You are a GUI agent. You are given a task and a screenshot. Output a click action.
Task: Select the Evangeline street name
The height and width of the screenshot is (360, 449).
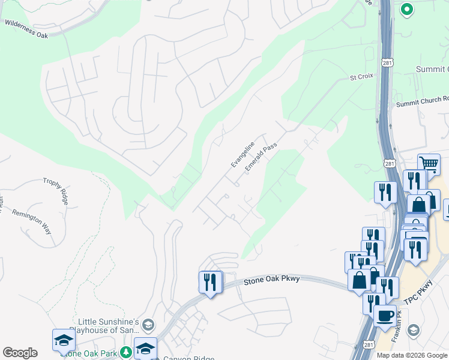244,155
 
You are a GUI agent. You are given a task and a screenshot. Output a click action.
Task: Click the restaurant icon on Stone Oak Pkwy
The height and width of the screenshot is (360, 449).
210,282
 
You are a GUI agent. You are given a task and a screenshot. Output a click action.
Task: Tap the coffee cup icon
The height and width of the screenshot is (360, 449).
385,315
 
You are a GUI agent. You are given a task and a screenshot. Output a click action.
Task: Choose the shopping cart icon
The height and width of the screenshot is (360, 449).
429,163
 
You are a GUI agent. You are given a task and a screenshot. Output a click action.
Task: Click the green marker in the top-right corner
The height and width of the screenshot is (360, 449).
406,9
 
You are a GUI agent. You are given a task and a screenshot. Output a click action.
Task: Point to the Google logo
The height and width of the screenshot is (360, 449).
20,353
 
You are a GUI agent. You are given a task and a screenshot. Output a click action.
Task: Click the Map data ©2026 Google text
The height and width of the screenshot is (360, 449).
412,355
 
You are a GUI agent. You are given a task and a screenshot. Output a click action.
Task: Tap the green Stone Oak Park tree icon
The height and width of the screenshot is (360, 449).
126,352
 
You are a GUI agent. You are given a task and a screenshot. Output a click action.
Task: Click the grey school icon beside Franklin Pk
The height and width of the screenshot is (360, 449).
413,330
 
